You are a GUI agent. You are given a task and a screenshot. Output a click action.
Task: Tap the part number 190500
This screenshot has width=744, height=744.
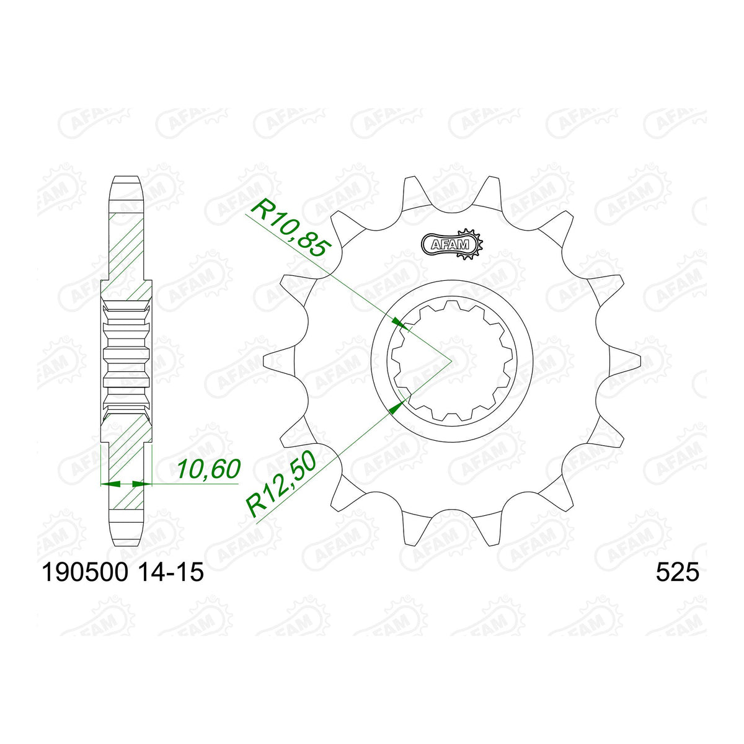(84, 572)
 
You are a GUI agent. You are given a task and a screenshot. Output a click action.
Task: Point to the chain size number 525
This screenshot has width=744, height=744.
(677, 572)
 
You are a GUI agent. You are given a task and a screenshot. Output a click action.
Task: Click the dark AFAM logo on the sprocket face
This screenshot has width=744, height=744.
(451, 244)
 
